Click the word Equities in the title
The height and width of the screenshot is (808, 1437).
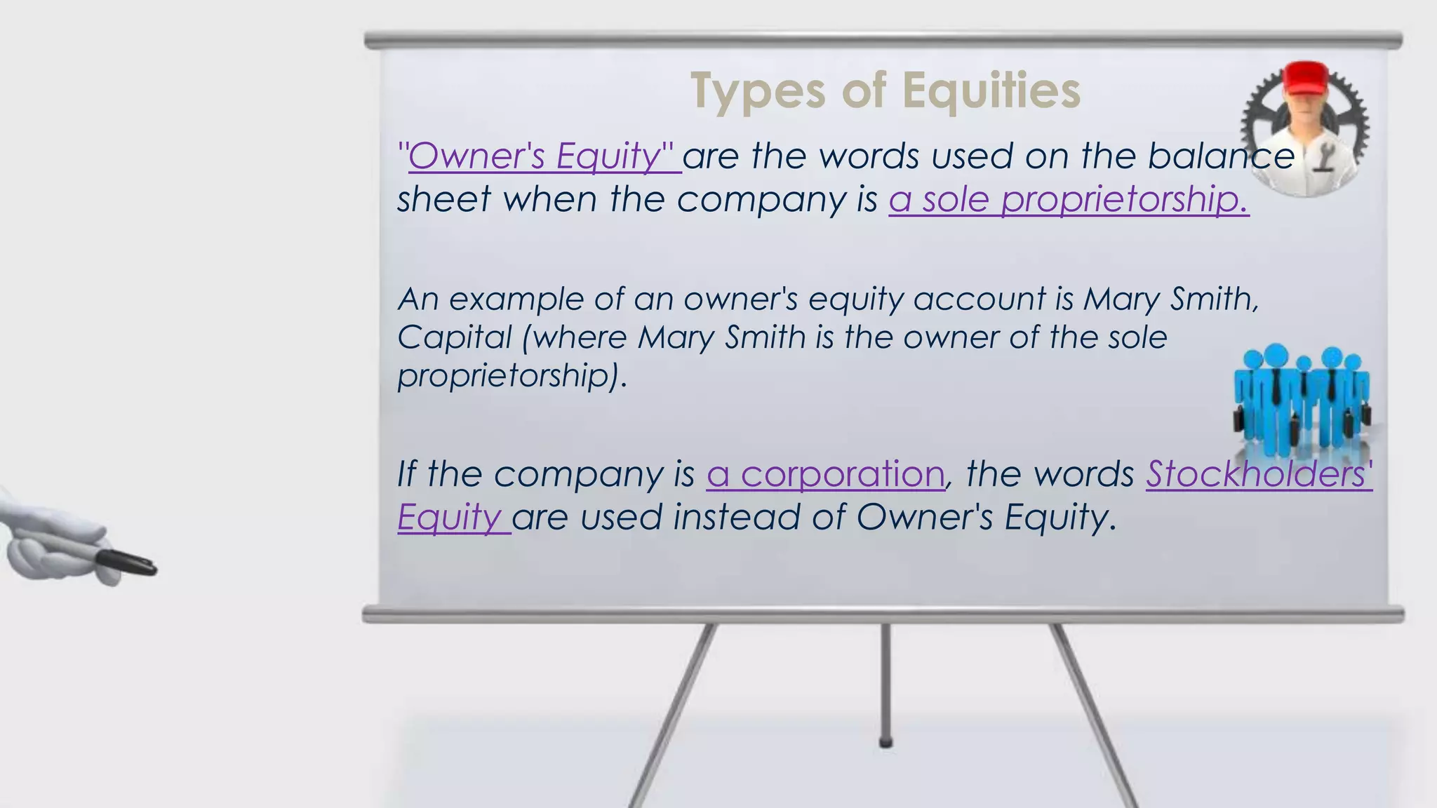tap(991, 91)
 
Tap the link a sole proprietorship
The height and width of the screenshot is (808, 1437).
tap(1068, 199)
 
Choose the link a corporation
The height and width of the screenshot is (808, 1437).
tap(825, 474)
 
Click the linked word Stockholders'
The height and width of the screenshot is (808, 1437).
tap(1259, 474)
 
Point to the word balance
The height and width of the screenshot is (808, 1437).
tap(1220, 156)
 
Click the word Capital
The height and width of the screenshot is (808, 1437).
tap(455, 338)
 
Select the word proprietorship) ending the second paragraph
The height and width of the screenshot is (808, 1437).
tap(512, 377)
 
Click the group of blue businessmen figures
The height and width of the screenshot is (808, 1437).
tap(1301, 400)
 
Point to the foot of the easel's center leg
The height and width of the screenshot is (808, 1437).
tap(885, 741)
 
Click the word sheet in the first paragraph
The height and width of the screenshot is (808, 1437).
tap(443, 199)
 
